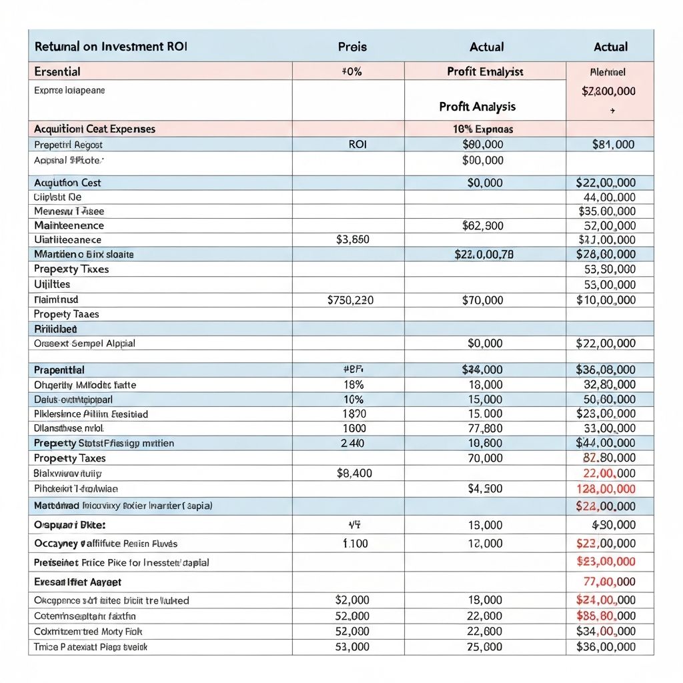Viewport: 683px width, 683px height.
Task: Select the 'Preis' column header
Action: click(352, 47)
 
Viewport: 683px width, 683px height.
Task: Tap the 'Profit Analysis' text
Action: click(477, 106)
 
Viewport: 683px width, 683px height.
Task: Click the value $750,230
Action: click(351, 300)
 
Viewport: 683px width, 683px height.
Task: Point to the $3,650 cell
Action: click(352, 239)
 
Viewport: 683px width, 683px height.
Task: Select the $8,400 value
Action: click(355, 473)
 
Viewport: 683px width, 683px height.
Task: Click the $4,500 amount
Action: click(486, 488)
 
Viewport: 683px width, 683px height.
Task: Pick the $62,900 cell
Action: click(483, 225)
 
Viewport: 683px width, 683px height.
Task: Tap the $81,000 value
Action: click(613, 144)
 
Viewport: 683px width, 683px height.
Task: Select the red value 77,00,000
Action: click(609, 582)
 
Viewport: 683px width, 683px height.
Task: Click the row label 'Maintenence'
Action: click(69, 225)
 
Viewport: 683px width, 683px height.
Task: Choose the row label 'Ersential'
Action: click(57, 71)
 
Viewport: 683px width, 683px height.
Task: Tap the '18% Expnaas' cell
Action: click(482, 129)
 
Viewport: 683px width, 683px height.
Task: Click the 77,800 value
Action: click(485, 428)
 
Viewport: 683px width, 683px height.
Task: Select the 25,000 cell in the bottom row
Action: click(485, 646)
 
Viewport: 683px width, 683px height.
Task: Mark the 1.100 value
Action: click(355, 544)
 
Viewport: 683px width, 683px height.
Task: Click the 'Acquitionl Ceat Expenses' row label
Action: click(94, 129)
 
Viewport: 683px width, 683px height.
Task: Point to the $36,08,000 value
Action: click(605, 370)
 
